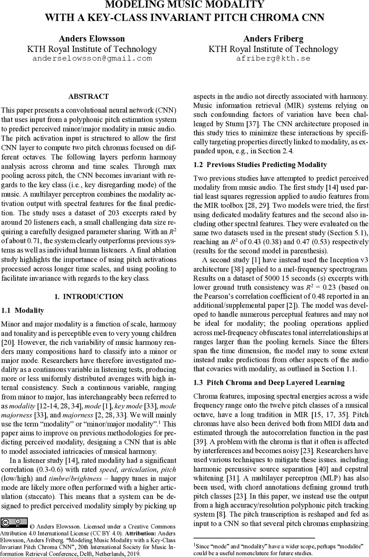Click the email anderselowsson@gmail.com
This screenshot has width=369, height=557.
pos(92,59)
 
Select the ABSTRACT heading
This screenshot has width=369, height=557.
pos(88,97)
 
